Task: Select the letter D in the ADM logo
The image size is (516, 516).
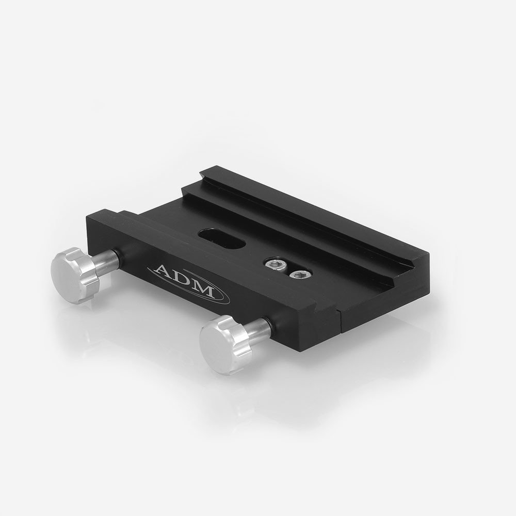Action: click(183, 281)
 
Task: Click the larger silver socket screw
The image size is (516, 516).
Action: click(275, 264)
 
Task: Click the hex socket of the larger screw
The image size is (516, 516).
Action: click(275, 264)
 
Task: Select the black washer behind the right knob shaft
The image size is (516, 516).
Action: click(271, 326)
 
